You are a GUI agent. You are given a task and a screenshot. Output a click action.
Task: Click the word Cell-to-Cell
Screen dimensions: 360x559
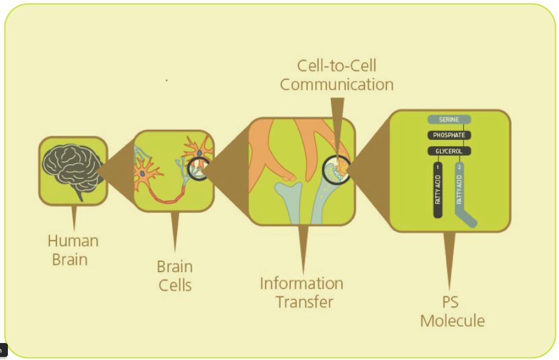coord(336,65)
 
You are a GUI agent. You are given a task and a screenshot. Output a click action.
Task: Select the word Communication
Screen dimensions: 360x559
coord(336,84)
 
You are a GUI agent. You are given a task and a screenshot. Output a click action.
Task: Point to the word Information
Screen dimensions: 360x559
coord(301,283)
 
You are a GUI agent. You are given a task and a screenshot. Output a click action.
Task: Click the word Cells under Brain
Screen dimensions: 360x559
coord(175,284)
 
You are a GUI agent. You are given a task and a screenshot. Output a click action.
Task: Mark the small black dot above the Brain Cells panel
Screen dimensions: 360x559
coord(167,79)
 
